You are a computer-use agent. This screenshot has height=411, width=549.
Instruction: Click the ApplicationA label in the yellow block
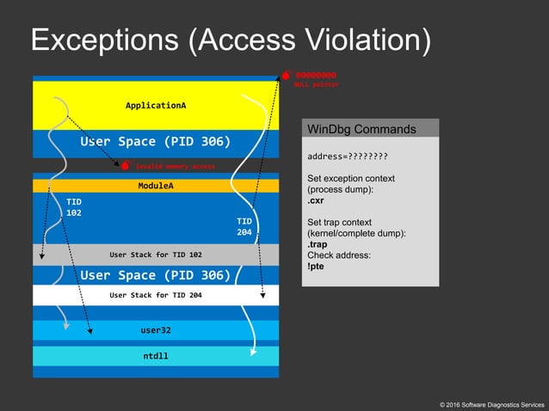pos(156,105)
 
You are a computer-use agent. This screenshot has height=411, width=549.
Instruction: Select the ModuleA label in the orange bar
pos(156,185)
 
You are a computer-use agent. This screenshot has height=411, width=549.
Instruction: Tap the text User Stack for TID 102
pos(156,255)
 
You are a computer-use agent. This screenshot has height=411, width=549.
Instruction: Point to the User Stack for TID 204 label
pos(156,295)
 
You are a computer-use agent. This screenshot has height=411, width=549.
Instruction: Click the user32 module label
pos(156,329)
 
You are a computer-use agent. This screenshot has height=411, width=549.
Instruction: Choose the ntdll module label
pos(156,355)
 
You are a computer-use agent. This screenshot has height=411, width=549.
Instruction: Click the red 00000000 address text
pos(316,75)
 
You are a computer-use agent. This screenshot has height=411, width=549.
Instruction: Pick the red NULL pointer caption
pos(316,84)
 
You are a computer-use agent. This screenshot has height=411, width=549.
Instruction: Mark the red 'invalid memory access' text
pos(175,165)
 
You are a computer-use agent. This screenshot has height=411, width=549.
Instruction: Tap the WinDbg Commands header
pos(361,129)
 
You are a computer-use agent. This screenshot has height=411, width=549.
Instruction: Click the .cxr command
pos(317,201)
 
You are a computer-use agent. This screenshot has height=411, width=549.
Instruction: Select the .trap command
pos(318,244)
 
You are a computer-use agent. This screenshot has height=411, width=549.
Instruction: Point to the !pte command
pos(316,267)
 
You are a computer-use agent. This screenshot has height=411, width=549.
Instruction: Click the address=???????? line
pos(347,156)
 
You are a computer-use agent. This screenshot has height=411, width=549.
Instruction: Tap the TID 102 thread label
pos(74,206)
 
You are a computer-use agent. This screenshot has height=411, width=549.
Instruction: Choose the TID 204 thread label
pos(244,226)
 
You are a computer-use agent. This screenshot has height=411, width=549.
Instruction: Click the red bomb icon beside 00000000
pos(287,76)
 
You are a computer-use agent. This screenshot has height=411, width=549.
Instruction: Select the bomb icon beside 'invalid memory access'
pos(126,164)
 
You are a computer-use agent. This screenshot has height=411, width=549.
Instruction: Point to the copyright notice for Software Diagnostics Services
pos(491,403)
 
